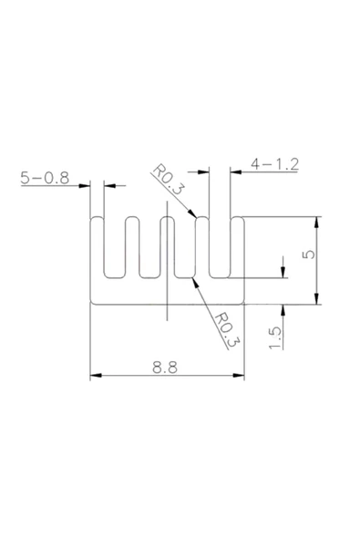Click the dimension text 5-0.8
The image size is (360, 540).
[x=45, y=179]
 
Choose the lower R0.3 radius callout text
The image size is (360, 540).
[x=224, y=328]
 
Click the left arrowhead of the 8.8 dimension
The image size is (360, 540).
[x=95, y=376]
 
